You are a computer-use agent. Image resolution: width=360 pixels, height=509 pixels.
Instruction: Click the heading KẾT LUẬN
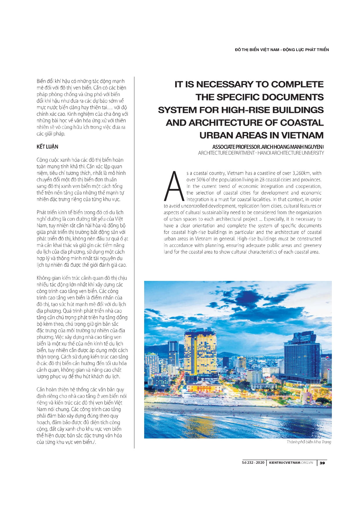click(47, 147)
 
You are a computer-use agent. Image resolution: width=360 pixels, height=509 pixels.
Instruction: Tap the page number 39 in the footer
click(322, 463)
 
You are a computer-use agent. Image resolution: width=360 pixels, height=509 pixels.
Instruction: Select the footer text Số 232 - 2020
click(253, 463)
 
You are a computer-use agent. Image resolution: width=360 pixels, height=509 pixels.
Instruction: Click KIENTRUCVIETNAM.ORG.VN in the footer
click(291, 463)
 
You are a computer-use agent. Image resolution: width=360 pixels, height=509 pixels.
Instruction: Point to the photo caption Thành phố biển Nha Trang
click(309, 442)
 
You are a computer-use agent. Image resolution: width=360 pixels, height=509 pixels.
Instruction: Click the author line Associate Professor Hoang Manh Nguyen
click(268, 147)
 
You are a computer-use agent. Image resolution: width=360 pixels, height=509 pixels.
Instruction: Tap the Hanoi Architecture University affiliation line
click(261, 153)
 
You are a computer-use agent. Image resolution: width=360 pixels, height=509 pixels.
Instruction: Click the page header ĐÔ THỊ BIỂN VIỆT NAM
click(257, 50)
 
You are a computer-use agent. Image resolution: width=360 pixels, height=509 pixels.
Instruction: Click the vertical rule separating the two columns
click(134, 261)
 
